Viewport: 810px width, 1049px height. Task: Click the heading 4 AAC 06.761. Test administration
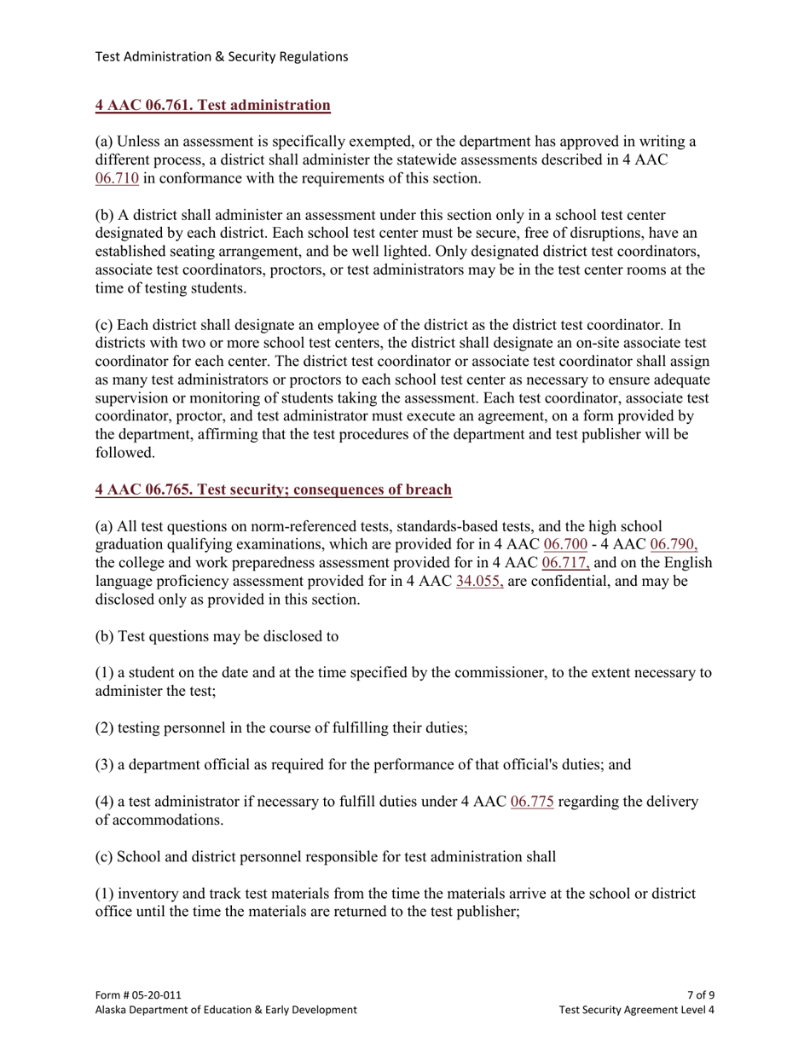click(x=212, y=106)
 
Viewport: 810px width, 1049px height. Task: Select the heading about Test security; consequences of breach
click(x=273, y=490)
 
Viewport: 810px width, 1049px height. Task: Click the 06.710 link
click(x=116, y=179)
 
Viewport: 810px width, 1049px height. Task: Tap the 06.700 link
click(x=565, y=545)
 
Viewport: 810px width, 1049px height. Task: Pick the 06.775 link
click(x=532, y=803)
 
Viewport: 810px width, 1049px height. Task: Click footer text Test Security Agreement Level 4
click(x=636, y=1010)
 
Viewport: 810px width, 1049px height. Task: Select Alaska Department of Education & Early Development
click(x=226, y=1010)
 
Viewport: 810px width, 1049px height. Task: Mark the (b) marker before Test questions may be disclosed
click(x=103, y=636)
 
